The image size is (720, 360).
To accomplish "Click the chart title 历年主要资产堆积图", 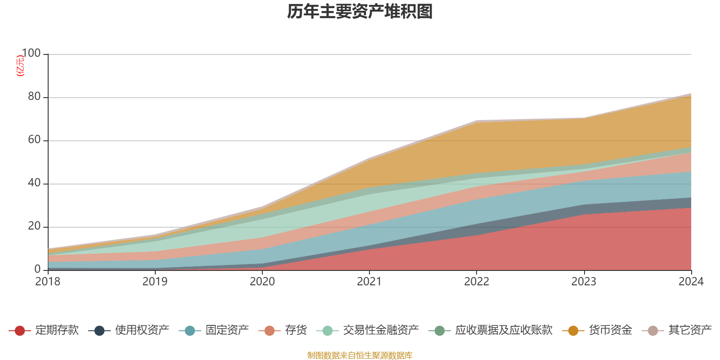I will point(360,12).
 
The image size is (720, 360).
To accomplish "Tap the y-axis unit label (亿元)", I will point(20,66).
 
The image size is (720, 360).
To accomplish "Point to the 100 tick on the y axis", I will point(31,54).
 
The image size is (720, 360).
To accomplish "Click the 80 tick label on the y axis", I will point(34,97).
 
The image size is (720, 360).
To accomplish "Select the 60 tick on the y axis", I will point(34,140).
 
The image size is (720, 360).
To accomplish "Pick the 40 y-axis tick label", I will point(34,183).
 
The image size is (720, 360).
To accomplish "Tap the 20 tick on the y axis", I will point(34,226).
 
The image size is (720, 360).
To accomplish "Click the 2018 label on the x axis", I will point(48,282).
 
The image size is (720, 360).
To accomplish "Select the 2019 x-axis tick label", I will point(155,282).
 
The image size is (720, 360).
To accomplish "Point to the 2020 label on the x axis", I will point(262,282).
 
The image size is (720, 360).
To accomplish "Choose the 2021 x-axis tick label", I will point(369,282).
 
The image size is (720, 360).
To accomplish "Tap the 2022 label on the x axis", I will point(477,282).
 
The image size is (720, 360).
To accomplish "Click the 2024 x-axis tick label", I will point(691,282).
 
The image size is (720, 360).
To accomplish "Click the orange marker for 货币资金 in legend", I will point(573,331).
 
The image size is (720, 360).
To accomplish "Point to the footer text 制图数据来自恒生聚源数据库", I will point(360,355).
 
